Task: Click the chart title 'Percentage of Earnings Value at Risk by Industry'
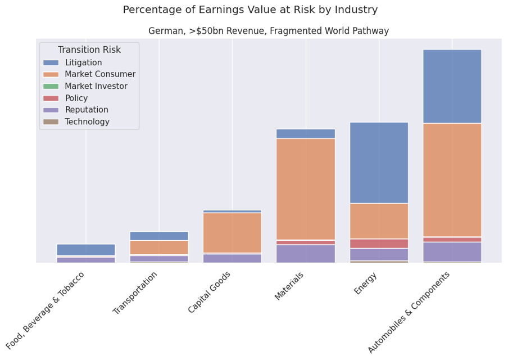tap(250, 10)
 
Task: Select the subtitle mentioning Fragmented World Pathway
tap(269, 31)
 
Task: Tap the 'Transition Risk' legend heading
tap(89, 50)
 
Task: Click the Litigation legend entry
tap(83, 62)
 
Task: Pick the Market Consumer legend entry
tap(99, 74)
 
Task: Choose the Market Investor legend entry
tap(96, 86)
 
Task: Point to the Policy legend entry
tap(76, 98)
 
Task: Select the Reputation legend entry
tap(86, 110)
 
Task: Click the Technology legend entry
tap(87, 121)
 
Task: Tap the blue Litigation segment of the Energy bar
tap(379, 163)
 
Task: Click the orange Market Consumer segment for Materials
tap(306, 189)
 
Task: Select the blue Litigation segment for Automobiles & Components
tap(452, 86)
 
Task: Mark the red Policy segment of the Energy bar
tap(379, 244)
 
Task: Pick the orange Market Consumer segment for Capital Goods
tap(232, 233)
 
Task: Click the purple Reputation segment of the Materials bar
tap(306, 253)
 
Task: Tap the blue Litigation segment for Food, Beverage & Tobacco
tap(86, 250)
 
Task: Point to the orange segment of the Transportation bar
tap(159, 247)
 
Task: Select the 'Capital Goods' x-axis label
tap(210, 292)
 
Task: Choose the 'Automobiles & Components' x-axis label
tap(410, 312)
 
